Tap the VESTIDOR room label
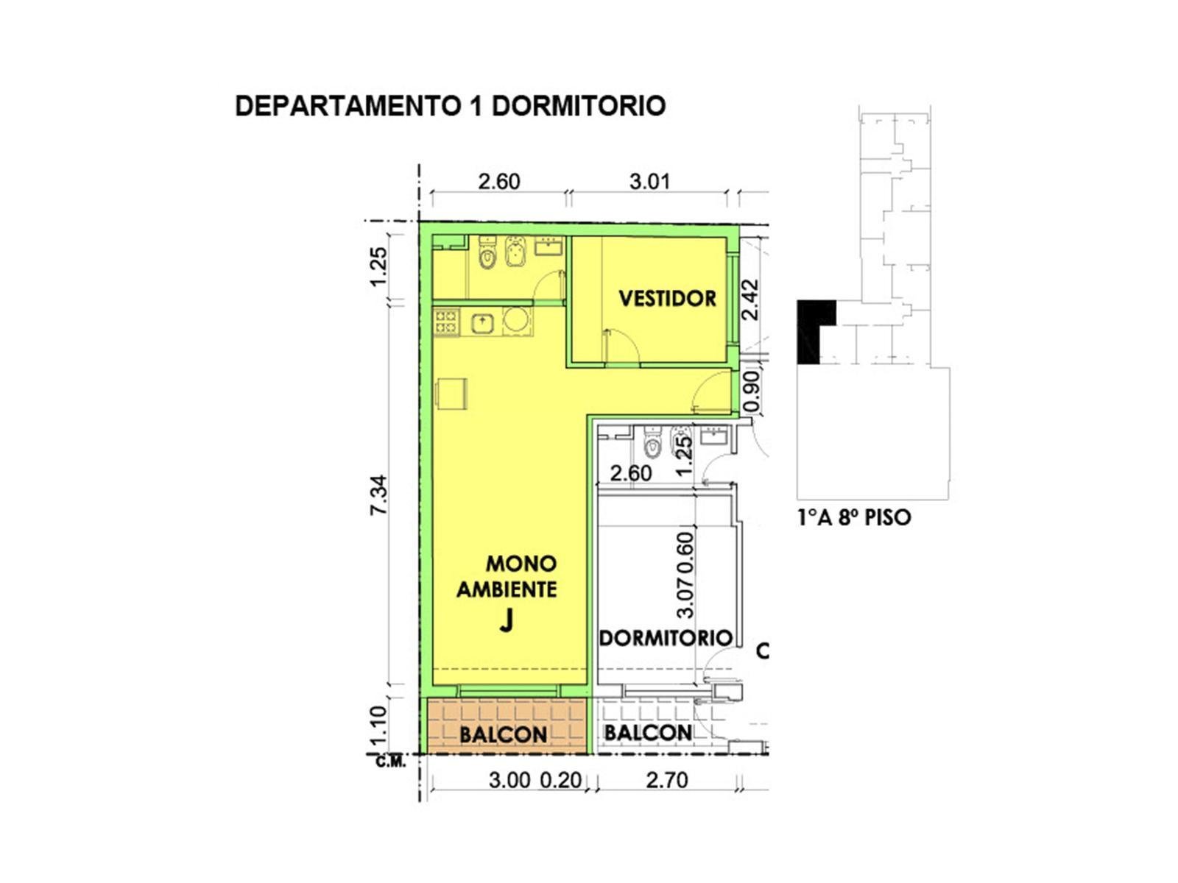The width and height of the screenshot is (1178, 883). coord(667,298)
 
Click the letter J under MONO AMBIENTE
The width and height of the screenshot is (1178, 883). coord(506,622)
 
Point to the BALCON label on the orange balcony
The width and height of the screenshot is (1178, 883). coord(504,734)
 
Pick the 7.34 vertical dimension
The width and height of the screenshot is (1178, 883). coord(379,494)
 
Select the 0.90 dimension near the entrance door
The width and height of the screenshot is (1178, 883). coord(752,392)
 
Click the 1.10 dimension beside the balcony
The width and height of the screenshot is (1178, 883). coord(379,725)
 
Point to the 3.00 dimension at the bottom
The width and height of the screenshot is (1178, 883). coord(509,781)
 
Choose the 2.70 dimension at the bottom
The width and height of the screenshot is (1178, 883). coord(666,780)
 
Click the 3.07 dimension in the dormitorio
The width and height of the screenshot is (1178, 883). coord(685,597)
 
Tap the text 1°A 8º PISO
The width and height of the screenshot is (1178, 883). coord(854,517)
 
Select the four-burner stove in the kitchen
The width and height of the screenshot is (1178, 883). coord(446,322)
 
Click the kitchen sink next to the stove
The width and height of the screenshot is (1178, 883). coord(482,323)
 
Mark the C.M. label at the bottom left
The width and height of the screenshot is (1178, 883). coord(391,762)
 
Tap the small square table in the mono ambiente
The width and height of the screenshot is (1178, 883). coord(452,394)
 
